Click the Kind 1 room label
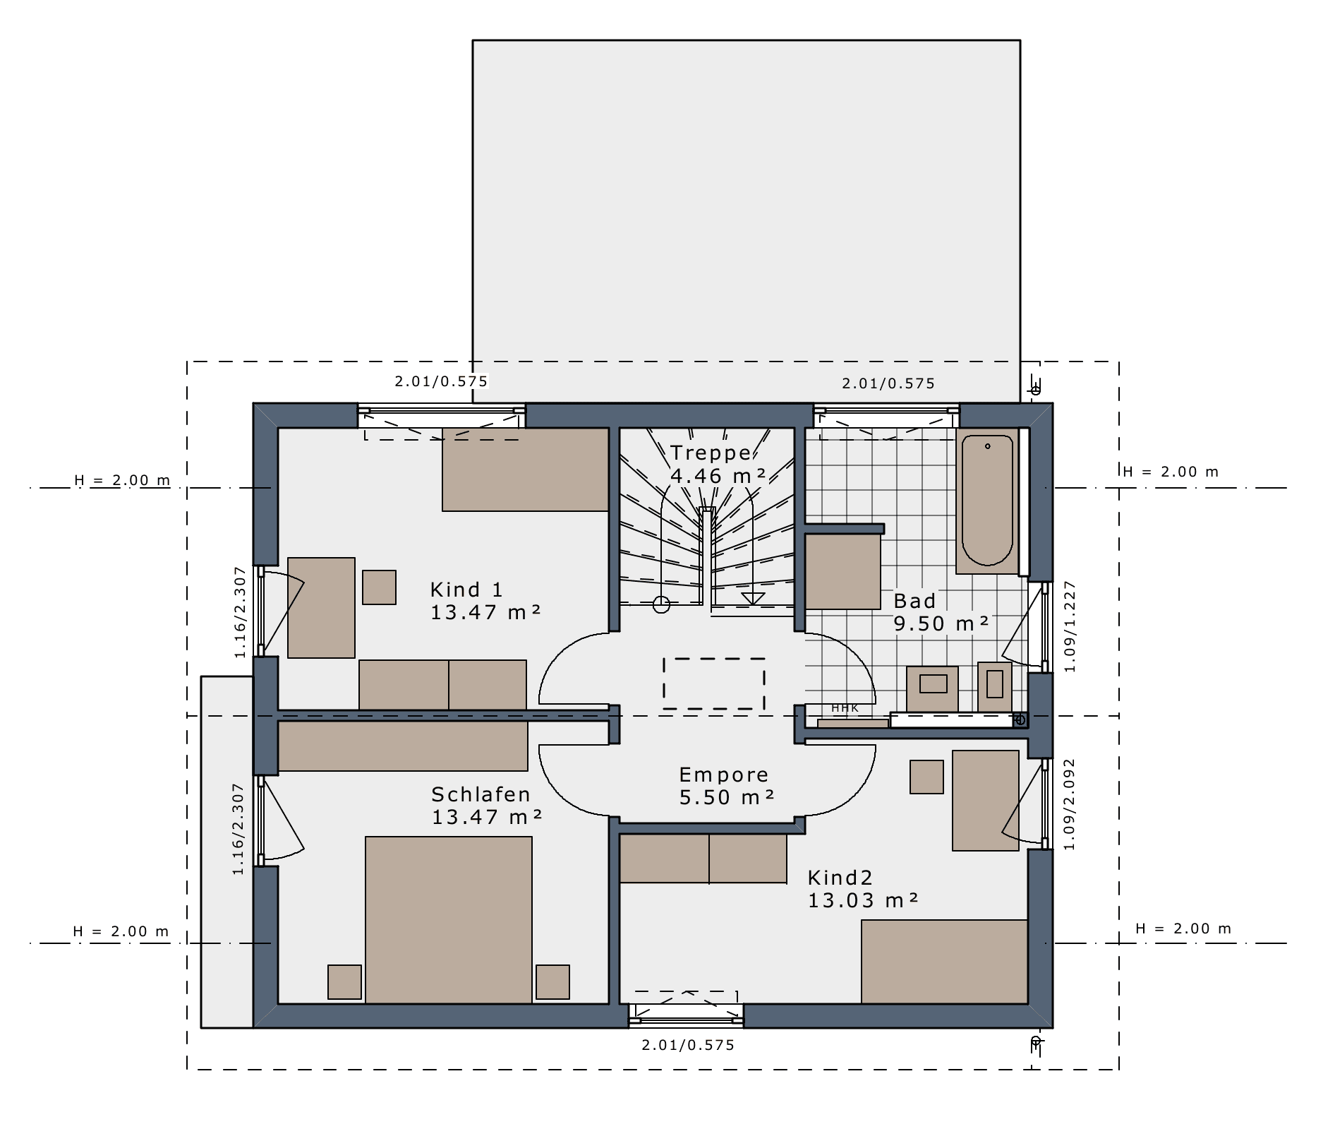466,590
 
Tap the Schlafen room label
481,794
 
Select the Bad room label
914,601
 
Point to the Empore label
724,775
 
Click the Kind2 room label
840,878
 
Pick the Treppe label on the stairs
711,453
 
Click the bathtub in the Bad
987,501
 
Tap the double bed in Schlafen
449,920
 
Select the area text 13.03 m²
863,900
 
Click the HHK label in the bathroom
845,708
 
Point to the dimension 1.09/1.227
1070,626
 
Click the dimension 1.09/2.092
1069,804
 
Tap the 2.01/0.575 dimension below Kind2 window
688,1045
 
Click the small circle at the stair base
661,604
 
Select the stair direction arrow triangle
753,599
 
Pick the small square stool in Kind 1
379,587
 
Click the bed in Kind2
944,962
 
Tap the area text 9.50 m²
941,623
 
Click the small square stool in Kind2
926,777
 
